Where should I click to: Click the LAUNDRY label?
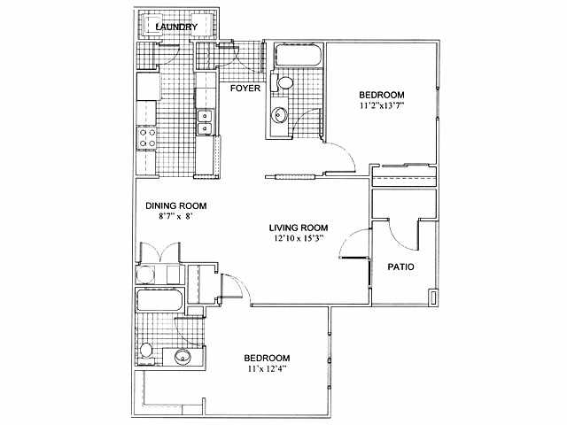pyautogui.click(x=176, y=27)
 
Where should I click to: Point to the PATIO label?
pyautogui.click(x=402, y=267)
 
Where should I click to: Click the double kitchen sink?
pyautogui.click(x=205, y=122)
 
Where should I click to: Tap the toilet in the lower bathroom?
pyautogui.click(x=147, y=355)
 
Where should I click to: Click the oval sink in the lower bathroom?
pyautogui.click(x=183, y=357)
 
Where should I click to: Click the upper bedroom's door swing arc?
pyautogui.click(x=342, y=157)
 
